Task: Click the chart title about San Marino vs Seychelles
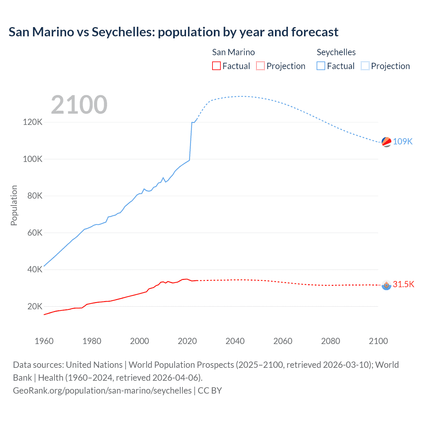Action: click(173, 32)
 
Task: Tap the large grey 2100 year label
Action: click(79, 105)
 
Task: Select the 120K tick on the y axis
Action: click(32, 122)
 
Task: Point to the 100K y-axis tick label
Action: click(32, 159)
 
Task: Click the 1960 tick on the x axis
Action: click(44, 341)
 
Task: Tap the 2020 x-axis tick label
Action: click(187, 341)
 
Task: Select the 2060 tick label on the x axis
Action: click(283, 341)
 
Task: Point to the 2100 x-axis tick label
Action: click(378, 341)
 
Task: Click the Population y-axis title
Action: click(14, 205)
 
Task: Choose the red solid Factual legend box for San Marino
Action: click(216, 66)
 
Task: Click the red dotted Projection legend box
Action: click(260, 66)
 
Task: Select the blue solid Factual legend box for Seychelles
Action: click(321, 66)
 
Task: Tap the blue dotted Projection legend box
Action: click(365, 66)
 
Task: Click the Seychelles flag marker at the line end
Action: click(386, 142)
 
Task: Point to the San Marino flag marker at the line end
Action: click(386, 285)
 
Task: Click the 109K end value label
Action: click(403, 141)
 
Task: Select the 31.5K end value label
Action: click(403, 284)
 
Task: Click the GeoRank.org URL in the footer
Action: click(102, 391)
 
